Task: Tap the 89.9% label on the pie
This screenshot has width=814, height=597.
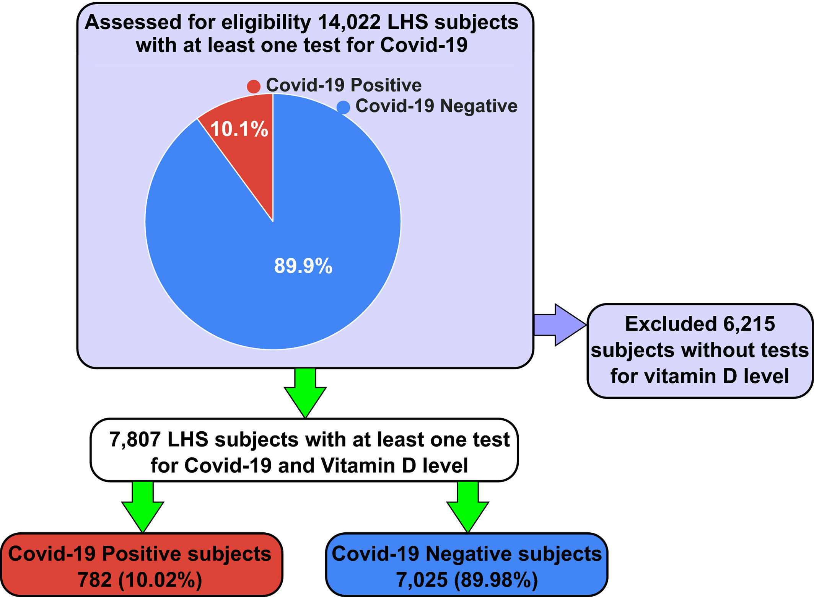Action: click(x=303, y=266)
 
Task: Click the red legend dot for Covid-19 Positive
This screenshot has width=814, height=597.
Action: click(x=254, y=86)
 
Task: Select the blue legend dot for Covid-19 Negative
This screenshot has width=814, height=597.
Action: click(x=344, y=107)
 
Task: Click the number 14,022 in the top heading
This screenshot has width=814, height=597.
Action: click(x=349, y=23)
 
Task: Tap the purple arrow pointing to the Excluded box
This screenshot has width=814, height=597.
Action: click(x=560, y=325)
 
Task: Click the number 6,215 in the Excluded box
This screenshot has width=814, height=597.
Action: click(x=749, y=324)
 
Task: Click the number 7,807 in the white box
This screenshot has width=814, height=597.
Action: click(x=135, y=439)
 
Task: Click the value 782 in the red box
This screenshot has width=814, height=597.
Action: click(x=95, y=580)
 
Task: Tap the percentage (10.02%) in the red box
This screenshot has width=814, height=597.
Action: click(x=160, y=580)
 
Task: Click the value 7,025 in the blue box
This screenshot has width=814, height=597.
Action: click(x=422, y=580)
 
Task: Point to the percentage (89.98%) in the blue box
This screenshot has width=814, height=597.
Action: click(x=496, y=580)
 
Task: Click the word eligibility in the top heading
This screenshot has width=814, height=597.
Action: click(x=267, y=23)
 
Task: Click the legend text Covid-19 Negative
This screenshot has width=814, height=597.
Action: click(x=436, y=106)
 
